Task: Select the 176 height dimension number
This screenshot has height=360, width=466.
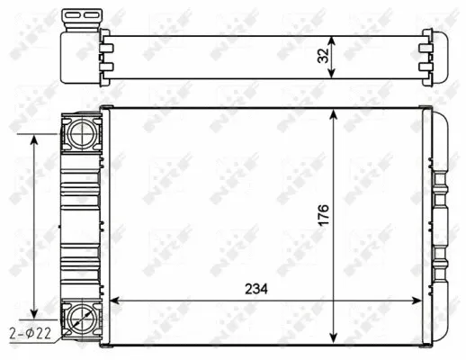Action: [322, 216]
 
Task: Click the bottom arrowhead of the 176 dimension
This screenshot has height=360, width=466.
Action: [335, 337]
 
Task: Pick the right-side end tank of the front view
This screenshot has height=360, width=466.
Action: [438, 225]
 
